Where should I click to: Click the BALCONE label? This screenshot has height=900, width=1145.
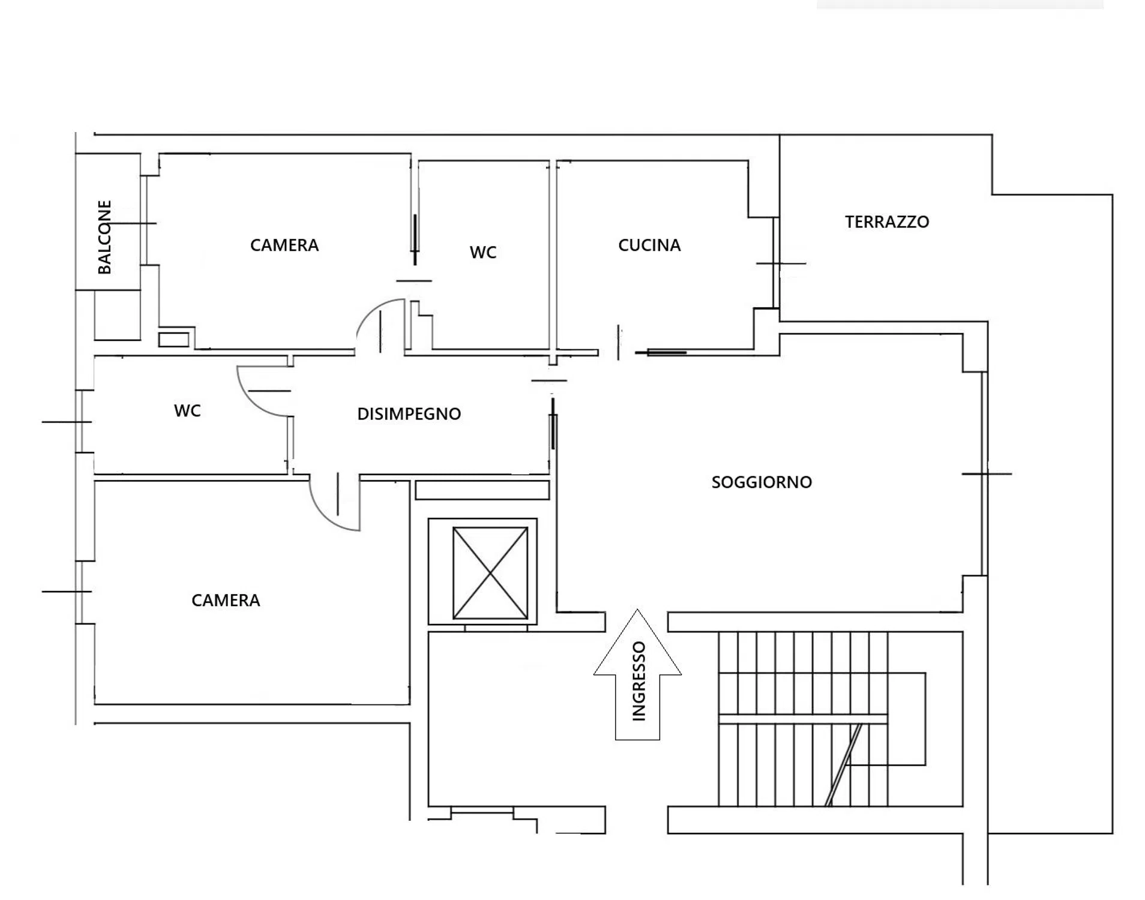tap(104, 237)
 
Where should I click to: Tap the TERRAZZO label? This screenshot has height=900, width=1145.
tap(887, 222)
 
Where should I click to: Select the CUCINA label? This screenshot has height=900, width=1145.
tap(649, 245)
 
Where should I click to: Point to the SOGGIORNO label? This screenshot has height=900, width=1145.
tap(762, 482)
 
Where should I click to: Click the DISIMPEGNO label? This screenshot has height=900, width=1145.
tap(409, 413)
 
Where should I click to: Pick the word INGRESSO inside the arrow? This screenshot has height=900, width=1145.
tap(639, 680)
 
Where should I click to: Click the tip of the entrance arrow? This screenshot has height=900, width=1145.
tap(637, 610)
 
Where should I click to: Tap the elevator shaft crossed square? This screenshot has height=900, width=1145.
tap(490, 572)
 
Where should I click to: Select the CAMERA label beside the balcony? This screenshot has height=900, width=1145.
tap(284, 245)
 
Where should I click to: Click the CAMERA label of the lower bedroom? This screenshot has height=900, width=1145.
tap(226, 600)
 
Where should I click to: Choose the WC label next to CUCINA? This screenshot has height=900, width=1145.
tap(483, 252)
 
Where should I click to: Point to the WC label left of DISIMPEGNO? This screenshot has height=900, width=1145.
tap(187, 410)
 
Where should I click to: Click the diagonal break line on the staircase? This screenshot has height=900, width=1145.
tap(843, 765)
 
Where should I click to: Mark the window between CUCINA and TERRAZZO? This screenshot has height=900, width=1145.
tap(776, 263)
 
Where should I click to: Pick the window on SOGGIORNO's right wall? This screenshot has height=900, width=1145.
tap(984, 473)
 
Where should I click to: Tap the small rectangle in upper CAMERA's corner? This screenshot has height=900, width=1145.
tap(174, 340)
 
